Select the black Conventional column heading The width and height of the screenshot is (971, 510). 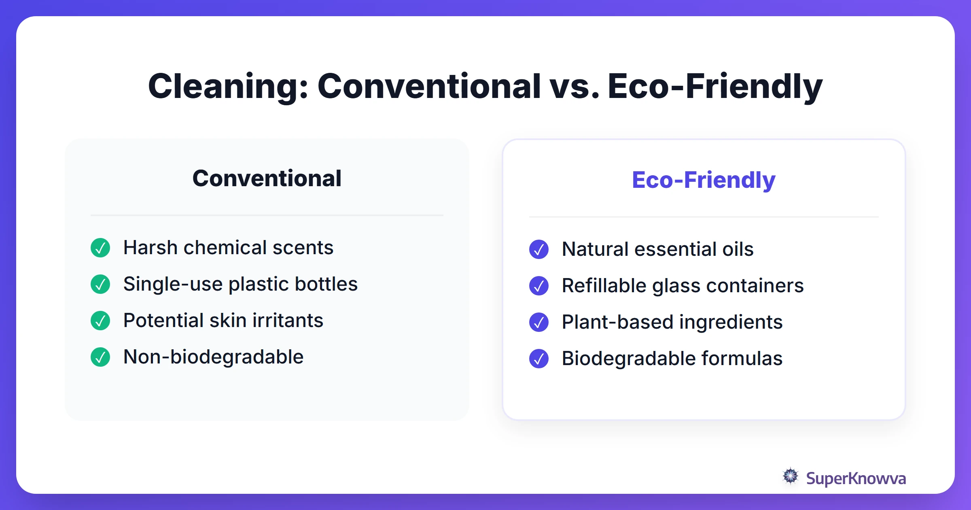[x=267, y=178]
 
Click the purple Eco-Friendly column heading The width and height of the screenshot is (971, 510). [x=704, y=180]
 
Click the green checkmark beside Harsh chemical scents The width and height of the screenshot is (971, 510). [x=100, y=248]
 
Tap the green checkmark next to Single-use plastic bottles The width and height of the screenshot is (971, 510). [x=100, y=284]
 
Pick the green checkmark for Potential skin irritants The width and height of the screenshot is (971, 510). [x=100, y=321]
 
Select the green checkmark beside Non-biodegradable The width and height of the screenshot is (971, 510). [x=100, y=357]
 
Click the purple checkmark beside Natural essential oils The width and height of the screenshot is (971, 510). [x=539, y=249]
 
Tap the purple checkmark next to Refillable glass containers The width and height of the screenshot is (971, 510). [x=539, y=286]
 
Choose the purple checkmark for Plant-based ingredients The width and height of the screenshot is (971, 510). [x=539, y=322]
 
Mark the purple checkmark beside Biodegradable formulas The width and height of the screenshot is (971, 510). [x=539, y=359]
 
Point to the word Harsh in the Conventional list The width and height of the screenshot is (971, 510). [x=150, y=248]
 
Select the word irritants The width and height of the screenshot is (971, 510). [x=288, y=321]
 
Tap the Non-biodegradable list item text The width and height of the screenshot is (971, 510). [x=213, y=357]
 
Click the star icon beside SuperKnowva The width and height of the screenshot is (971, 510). [x=791, y=476]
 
